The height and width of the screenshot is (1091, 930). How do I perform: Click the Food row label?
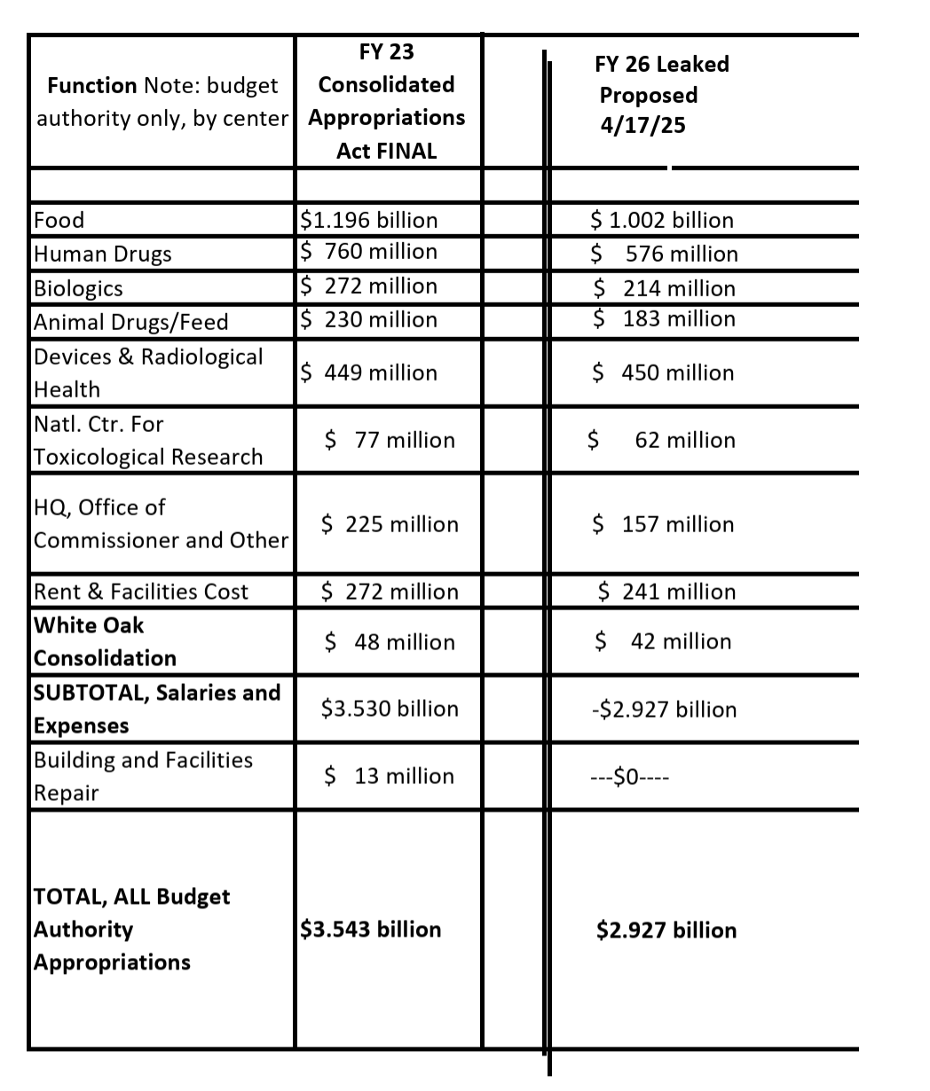(59, 220)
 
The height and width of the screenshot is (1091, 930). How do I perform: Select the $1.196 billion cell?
(369, 220)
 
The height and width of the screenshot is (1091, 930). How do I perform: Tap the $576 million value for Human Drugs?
(665, 255)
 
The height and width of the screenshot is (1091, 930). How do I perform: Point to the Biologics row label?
(78, 288)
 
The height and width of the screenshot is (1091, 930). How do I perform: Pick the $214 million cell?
(665, 288)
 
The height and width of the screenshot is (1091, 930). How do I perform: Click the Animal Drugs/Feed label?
(130, 322)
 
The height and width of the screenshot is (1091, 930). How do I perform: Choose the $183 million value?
(665, 319)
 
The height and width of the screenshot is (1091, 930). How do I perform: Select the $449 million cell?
(369, 373)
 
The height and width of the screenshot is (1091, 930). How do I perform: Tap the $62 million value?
(663, 440)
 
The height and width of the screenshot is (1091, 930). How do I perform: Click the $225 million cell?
(390, 524)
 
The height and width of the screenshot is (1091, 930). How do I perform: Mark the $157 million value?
(664, 524)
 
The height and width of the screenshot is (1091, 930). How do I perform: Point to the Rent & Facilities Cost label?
(141, 592)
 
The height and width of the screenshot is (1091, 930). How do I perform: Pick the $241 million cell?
(667, 592)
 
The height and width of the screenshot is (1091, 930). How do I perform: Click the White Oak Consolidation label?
(105, 641)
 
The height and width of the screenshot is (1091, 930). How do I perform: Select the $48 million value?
(390, 642)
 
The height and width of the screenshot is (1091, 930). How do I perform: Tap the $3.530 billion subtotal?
(390, 709)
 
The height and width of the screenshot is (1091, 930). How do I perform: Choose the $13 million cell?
(390, 776)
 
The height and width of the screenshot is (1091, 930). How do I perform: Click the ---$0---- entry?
(630, 778)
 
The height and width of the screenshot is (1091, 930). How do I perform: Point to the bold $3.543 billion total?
(371, 930)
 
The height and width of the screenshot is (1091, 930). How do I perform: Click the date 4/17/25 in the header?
(642, 126)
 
